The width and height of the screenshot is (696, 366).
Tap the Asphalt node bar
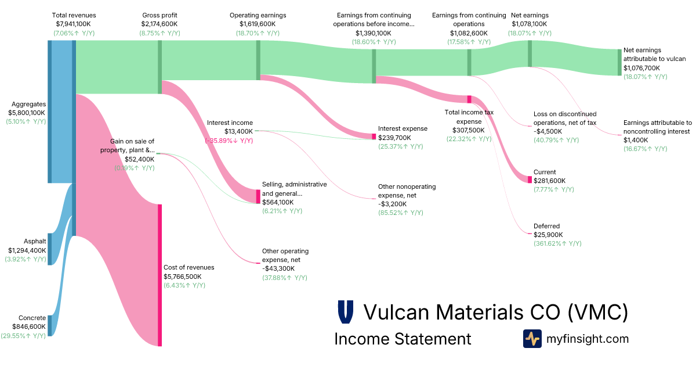[50, 249]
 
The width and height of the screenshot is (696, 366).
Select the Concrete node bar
[50, 325]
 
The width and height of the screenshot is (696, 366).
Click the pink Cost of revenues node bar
[159, 275]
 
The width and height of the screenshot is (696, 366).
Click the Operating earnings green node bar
[258, 56]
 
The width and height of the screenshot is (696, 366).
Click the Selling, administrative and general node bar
[258, 196]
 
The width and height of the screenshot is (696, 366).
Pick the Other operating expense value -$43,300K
[278, 268]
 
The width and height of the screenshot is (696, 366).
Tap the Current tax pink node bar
[530, 180]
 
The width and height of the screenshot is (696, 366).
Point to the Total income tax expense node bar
[469, 99]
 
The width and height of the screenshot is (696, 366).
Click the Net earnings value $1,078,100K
[530, 24]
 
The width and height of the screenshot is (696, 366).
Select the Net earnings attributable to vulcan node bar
[619, 62]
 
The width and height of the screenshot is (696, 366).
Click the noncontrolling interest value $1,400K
[636, 140]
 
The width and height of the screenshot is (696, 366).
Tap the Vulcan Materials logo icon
[346, 312]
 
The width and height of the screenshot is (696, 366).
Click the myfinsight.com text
[588, 339]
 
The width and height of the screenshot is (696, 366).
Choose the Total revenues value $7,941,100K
[74, 24]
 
